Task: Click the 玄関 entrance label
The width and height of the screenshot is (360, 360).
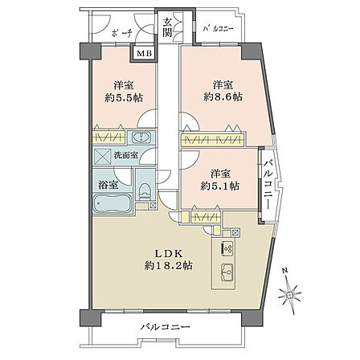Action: point(167,27)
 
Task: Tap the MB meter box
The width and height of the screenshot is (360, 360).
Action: point(144,54)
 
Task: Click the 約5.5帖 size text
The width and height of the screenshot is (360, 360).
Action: point(124,98)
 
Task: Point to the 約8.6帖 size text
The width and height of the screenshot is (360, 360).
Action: point(223,96)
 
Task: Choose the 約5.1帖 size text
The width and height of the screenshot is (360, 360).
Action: point(220,186)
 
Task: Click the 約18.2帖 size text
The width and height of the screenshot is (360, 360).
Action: point(169,265)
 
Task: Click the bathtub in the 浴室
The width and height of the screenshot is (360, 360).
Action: point(112,203)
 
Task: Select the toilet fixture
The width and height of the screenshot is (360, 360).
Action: point(145,191)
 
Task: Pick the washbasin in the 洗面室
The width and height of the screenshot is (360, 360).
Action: point(141,137)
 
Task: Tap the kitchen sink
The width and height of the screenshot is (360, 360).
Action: point(228,272)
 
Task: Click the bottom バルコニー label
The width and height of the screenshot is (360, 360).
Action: point(166,327)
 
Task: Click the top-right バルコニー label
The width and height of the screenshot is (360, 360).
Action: point(218,28)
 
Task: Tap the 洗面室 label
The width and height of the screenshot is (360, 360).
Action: point(126,155)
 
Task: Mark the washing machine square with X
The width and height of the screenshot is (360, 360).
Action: point(101,155)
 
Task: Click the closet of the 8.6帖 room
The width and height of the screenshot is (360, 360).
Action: point(213,140)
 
